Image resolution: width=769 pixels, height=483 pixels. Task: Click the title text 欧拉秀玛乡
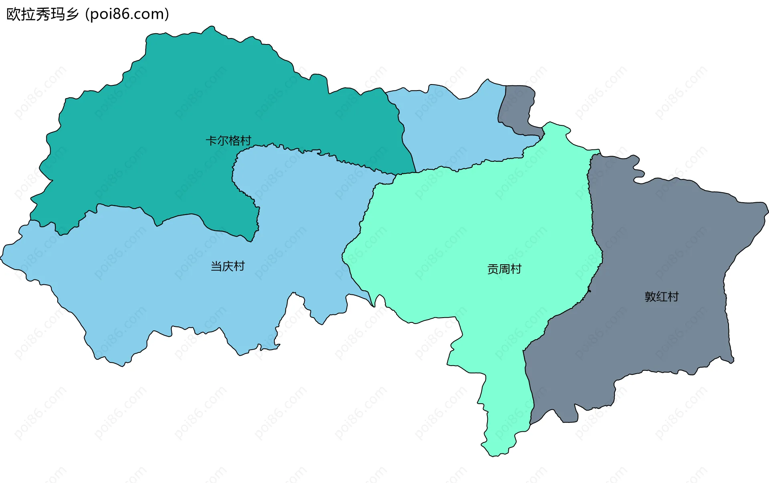[42, 14]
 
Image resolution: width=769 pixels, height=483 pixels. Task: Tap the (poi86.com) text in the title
[127, 14]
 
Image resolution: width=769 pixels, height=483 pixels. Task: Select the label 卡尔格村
[228, 141]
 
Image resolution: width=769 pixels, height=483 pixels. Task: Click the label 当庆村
[227, 266]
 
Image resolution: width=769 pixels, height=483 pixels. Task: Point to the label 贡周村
[504, 269]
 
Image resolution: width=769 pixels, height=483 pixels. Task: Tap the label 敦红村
[662, 297]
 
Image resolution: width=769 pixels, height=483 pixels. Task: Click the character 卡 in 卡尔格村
[211, 141]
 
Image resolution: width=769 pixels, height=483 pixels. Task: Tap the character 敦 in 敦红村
[650, 297]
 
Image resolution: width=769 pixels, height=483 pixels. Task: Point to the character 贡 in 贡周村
[493, 269]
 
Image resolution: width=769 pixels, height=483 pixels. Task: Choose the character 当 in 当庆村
[216, 266]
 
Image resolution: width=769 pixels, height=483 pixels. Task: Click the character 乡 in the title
[72, 14]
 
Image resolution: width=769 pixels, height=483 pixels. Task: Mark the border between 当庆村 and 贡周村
[362, 224]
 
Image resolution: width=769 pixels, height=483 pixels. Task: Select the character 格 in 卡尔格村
[234, 141]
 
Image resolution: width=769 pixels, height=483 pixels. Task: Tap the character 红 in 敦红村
[662, 297]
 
